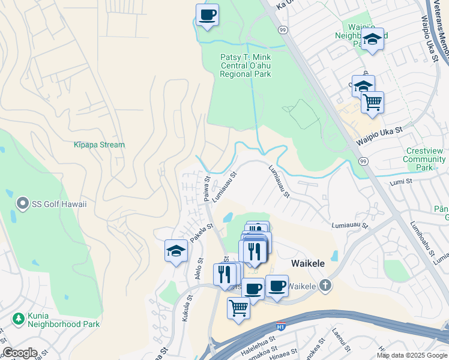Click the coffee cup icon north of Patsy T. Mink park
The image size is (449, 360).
coord(207,14)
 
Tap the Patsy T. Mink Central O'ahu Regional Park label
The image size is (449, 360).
coord(245,65)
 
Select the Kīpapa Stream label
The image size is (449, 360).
coord(99,145)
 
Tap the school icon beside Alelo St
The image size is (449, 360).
coord(176,251)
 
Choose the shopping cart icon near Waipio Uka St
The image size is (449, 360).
coord(372,103)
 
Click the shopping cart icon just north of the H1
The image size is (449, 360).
coord(238,308)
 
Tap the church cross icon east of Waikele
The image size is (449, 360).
coord(325,285)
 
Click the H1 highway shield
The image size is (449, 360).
coord(280,326)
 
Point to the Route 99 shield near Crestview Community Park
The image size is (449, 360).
coord(363,161)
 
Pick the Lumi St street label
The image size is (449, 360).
coord(401,181)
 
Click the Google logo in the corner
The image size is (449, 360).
coord(20,353)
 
